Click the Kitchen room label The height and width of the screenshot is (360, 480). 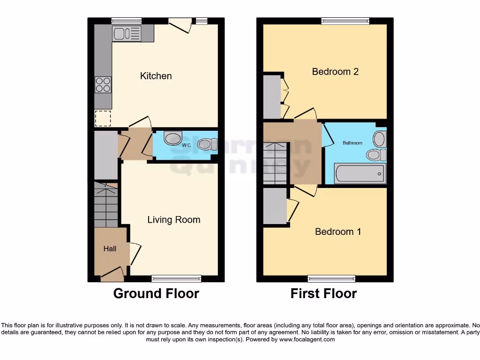(156, 76)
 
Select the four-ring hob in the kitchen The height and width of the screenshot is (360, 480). (103, 85)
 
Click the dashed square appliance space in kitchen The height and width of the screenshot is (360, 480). (103, 119)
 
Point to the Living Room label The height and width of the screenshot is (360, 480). (173, 220)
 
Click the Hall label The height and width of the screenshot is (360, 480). (110, 249)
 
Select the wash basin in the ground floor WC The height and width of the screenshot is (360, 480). (173, 138)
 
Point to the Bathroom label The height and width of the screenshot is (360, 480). (352, 143)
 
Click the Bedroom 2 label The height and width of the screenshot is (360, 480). (335, 72)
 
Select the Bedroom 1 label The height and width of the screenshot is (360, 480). (337, 232)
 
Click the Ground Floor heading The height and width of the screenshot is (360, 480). (156, 294)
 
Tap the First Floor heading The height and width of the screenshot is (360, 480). (323, 294)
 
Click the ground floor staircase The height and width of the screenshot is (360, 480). (106, 205)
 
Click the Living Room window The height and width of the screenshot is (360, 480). (177, 278)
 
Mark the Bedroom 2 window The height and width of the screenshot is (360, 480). (345, 21)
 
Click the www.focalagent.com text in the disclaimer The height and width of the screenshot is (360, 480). (307, 339)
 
